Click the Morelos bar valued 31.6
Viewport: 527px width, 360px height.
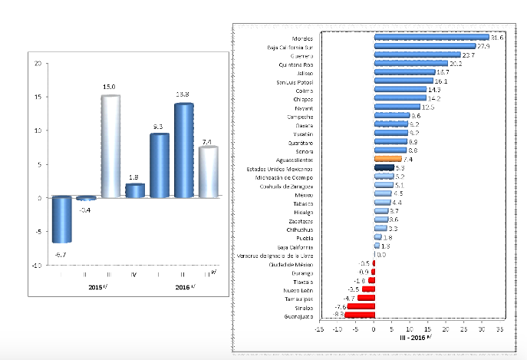431,37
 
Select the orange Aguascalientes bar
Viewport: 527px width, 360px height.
388,159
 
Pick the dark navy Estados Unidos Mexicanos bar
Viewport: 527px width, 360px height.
384,167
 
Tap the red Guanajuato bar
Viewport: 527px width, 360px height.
359,315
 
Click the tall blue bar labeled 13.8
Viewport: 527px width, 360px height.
183,150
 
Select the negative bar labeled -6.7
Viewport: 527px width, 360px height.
61,220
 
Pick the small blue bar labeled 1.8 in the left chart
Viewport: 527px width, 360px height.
134,190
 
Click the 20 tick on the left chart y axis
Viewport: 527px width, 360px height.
38,64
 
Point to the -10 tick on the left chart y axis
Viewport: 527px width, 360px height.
37,265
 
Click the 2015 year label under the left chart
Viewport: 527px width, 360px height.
95,287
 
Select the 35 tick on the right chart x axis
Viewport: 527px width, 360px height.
500,329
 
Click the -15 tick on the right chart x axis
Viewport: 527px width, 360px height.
318,329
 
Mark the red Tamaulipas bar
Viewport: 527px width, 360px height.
366,297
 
